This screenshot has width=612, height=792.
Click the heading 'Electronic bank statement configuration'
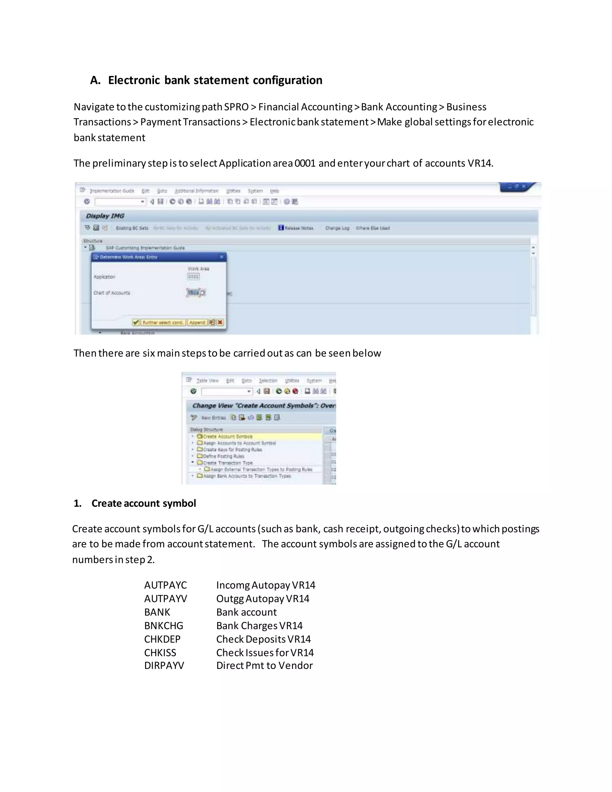(215, 80)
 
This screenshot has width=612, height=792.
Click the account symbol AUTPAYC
(165, 585)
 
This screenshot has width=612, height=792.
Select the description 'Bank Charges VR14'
(259, 626)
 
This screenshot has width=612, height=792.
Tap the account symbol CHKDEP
(162, 639)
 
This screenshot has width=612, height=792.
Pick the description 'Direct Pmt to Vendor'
(264, 666)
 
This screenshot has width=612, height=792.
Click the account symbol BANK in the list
(157, 612)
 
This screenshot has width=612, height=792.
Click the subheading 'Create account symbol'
(143, 503)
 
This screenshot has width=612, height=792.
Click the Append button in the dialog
(197, 322)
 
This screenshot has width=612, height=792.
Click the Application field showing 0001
(193, 276)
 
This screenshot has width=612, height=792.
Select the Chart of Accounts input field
(194, 293)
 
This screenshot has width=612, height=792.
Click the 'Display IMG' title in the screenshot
(105, 216)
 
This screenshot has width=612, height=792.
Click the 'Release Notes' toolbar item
(296, 228)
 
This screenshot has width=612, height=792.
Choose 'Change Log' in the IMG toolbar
(337, 228)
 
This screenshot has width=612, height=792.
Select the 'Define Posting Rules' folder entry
(223, 456)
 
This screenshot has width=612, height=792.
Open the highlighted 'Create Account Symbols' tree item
(227, 437)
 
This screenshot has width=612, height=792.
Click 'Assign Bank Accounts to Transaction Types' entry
(247, 476)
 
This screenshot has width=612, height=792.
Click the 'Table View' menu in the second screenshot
(207, 381)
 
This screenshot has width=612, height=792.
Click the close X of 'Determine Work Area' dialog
(221, 257)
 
